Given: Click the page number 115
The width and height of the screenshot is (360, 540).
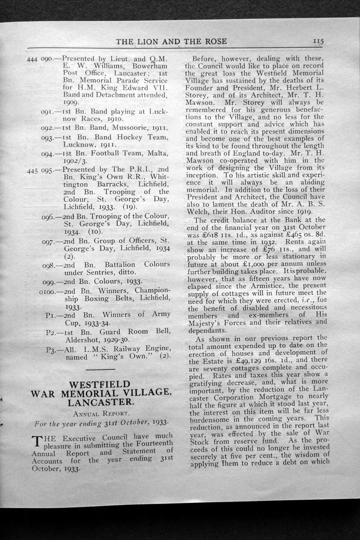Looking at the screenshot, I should point(318,41).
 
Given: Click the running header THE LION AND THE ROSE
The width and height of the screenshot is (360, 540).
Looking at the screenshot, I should point(172,41).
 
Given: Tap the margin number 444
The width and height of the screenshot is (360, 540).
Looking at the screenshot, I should point(32,59).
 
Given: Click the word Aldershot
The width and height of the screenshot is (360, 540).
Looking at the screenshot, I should point(84,340).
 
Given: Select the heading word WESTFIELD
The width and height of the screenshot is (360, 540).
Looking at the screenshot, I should point(100,384).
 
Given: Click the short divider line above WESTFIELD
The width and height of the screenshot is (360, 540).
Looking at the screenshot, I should point(100,370).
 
